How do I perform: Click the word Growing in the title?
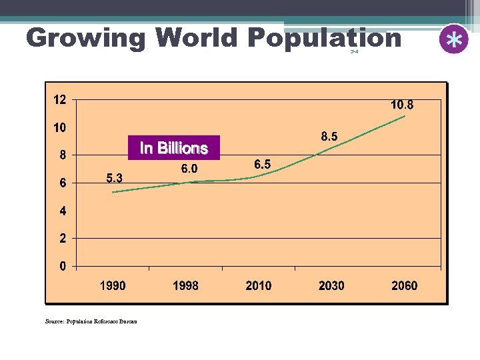tap(85, 38)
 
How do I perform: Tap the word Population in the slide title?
tap(324, 38)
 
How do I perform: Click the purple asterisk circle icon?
tap(454, 39)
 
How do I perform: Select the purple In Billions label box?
tap(173, 148)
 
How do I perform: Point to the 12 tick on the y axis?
tap(59, 100)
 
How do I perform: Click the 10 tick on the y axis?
tap(59, 127)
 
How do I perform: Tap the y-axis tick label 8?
tap(63, 155)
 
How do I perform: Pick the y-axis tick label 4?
tap(63, 211)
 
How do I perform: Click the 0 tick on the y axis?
tap(63, 267)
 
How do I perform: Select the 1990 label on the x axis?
tap(113, 286)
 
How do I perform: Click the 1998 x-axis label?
tap(185, 286)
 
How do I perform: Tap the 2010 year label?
tap(259, 286)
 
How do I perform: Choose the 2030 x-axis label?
tap(331, 286)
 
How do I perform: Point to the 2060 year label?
tap(404, 286)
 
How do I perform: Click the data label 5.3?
tap(114, 178)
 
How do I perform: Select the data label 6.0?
tap(189, 169)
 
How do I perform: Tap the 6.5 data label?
tap(263, 164)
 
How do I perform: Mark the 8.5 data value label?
tap(329, 137)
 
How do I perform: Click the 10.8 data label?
tap(402, 105)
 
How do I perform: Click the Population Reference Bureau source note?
tap(91, 321)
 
